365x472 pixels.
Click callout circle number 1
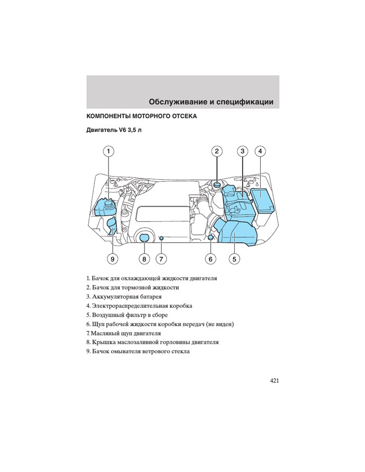(108, 151)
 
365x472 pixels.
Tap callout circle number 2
(217, 151)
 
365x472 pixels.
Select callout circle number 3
(242, 151)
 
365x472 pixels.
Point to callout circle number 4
(260, 151)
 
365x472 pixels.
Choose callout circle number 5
(234, 259)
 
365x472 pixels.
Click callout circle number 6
(210, 259)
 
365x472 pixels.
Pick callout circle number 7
(161, 259)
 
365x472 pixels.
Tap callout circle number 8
(144, 259)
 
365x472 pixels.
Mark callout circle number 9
(113, 259)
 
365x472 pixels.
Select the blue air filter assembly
(237, 233)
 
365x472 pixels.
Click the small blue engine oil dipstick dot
(162, 239)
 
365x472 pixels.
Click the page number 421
(274, 381)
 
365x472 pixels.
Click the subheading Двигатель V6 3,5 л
(114, 131)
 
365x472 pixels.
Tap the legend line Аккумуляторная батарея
(124, 297)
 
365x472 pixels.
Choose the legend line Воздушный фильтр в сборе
(127, 315)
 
